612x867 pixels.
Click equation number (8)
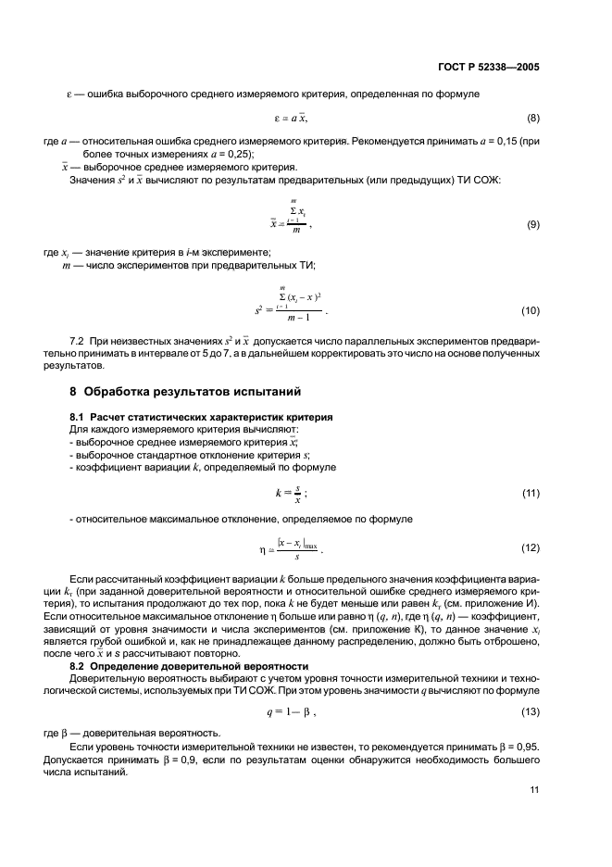click(x=532, y=118)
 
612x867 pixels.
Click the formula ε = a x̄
click(x=291, y=118)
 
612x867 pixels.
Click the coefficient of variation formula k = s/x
click(x=291, y=493)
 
